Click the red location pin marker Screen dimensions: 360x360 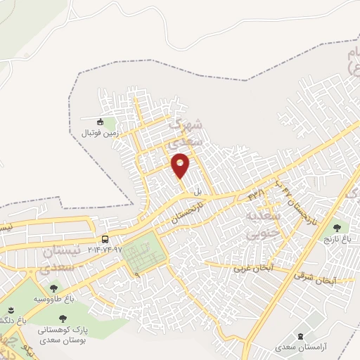pyautogui.click(x=181, y=164)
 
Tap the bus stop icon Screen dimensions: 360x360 pyautogui.click(x=105, y=239)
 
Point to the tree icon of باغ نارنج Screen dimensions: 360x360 pyautogui.click(x=337, y=227)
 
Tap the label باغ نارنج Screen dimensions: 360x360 pyautogui.click(x=337, y=238)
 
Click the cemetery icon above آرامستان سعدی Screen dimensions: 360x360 pyautogui.click(x=302, y=337)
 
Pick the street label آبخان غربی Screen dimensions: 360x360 pyautogui.click(x=250, y=269)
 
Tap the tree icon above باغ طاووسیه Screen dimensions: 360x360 pyautogui.click(x=53, y=287)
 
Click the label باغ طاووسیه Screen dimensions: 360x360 pyautogui.click(x=53, y=298)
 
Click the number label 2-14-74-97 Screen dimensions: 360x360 pyautogui.click(x=105, y=250)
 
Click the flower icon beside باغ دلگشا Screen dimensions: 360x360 pyautogui.click(x=10, y=309)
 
